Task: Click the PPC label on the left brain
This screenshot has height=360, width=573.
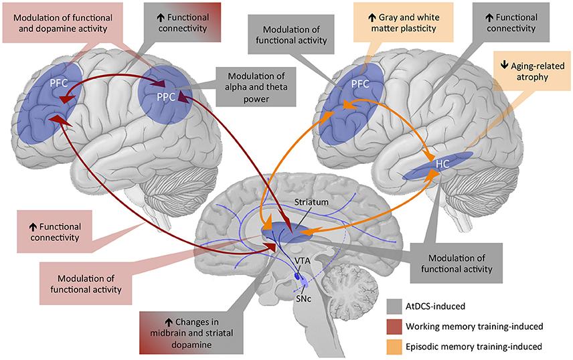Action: pyautogui.click(x=166, y=98)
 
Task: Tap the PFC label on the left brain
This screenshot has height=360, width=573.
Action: pyautogui.click(x=59, y=83)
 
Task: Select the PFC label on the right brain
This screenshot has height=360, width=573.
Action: pyautogui.click(x=360, y=84)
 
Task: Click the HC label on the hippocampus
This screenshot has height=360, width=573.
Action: pyautogui.click(x=442, y=164)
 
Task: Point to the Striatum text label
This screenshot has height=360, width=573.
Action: pyautogui.click(x=311, y=201)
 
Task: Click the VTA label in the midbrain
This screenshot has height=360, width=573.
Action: pyautogui.click(x=303, y=261)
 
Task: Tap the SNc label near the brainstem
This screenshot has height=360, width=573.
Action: pyautogui.click(x=304, y=298)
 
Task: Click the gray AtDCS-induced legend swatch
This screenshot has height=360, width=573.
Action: pyautogui.click(x=394, y=306)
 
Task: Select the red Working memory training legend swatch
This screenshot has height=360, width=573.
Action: pyautogui.click(x=394, y=326)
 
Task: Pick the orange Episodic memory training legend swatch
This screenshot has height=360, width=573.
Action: pyautogui.click(x=394, y=347)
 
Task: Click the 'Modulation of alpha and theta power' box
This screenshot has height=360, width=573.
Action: pyautogui.click(x=256, y=87)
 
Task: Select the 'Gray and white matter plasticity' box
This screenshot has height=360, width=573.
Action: pyautogui.click(x=404, y=22)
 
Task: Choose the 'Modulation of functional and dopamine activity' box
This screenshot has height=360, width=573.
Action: pyautogui.click(x=62, y=23)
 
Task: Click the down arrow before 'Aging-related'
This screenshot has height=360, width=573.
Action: pyautogui.click(x=504, y=65)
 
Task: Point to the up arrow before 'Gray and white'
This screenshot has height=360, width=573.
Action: pyautogui.click(x=372, y=17)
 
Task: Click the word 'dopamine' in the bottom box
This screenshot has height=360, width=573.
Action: pyautogui.click(x=191, y=345)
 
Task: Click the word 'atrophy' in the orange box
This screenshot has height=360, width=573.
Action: pyautogui.click(x=532, y=78)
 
